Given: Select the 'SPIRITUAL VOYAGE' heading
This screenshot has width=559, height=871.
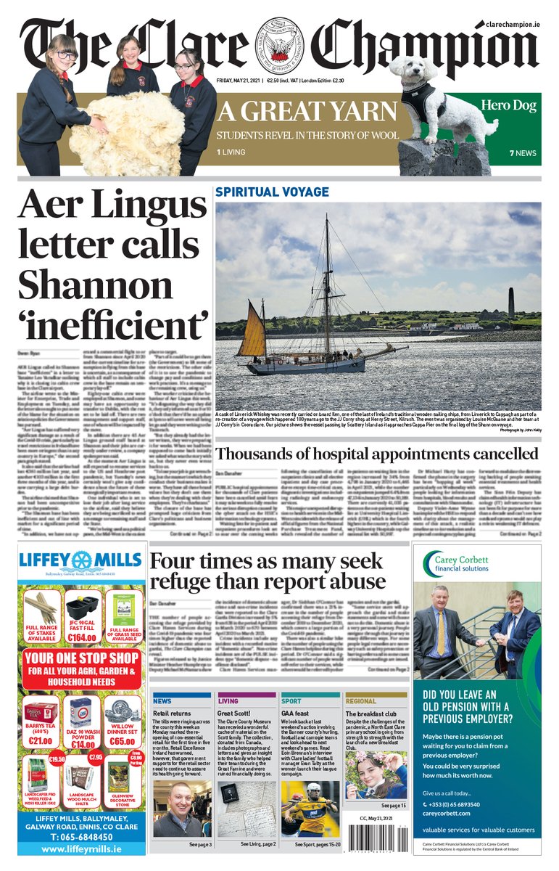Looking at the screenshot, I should (x=272, y=192).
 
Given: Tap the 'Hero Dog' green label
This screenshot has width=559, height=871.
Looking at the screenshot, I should (x=508, y=106).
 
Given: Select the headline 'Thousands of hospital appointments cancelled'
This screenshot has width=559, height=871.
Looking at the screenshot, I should (x=377, y=454).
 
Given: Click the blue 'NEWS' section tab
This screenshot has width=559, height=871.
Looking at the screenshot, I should (x=163, y=701).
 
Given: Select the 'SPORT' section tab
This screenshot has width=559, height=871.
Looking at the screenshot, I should (x=291, y=701).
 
